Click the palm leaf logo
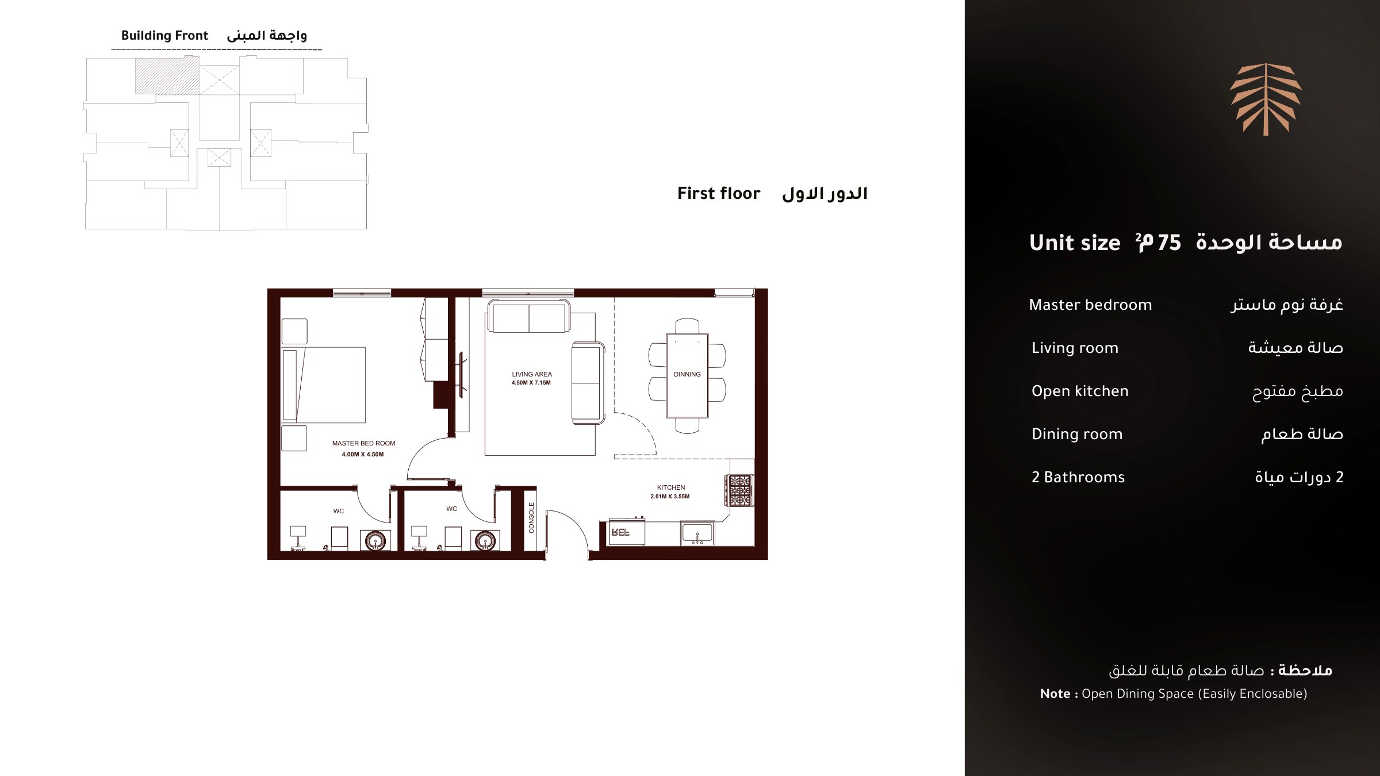tap(1266, 99)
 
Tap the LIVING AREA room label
tap(532, 374)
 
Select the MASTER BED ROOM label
tap(363, 443)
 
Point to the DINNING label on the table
tap(687, 374)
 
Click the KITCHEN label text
tap(671, 487)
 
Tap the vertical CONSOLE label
tap(531, 517)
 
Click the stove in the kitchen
tap(739, 490)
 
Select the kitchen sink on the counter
tap(697, 533)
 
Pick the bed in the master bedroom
tap(324, 385)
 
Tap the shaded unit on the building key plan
tap(167, 76)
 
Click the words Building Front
tap(164, 36)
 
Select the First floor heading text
tap(719, 193)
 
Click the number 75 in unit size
tap(1169, 243)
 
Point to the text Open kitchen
tap(1080, 391)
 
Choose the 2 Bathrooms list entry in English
tap(1078, 477)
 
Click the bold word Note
tap(1055, 694)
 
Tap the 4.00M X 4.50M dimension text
tap(363, 454)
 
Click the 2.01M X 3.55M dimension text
tap(670, 497)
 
